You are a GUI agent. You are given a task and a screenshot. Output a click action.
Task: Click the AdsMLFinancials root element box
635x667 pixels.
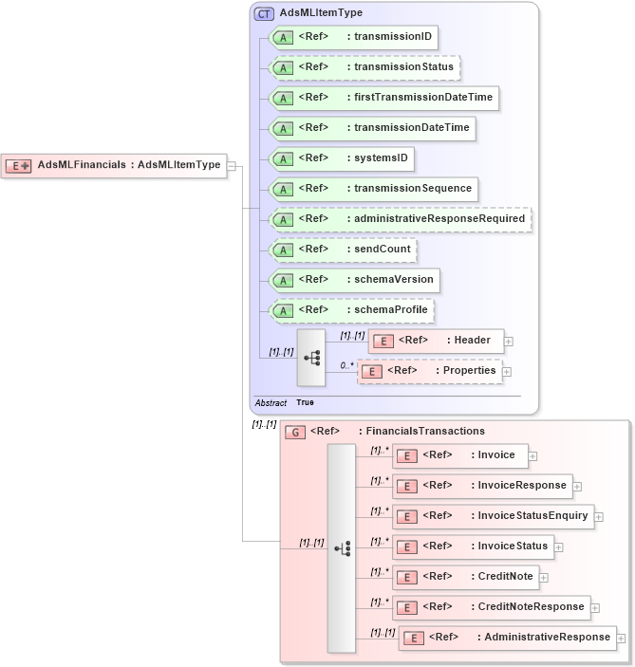pos(114,165)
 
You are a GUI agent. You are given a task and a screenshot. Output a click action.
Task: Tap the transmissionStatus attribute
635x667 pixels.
pos(365,67)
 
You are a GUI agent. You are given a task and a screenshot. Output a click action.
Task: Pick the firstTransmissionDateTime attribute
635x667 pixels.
pos(383,98)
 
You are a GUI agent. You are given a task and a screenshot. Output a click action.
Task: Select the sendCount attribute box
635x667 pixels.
pos(344,250)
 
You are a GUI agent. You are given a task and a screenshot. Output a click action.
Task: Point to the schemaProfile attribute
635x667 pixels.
pos(352,310)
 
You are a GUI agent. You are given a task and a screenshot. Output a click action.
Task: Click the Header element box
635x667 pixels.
pos(436,341)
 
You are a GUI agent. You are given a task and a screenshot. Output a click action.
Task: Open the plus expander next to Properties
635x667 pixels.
pos(507,373)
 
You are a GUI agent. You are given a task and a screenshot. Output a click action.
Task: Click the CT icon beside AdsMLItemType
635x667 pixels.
pos(264,14)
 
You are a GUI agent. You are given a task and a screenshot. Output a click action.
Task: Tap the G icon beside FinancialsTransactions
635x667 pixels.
pos(295,432)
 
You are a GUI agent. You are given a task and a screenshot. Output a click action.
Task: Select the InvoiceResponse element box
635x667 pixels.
pos(482,486)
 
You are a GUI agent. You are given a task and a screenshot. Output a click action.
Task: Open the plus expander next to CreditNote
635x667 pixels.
pos(545,577)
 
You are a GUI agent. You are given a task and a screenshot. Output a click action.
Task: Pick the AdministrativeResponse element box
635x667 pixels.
pos(507,638)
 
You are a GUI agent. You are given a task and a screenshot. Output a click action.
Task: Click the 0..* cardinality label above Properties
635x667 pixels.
pos(346,364)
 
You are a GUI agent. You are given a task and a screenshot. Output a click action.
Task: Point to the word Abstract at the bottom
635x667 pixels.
pos(271,403)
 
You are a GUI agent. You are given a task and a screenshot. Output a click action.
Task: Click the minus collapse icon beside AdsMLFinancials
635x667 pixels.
pos(232,166)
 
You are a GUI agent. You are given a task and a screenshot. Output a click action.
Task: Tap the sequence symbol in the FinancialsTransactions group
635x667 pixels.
pos(342,548)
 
